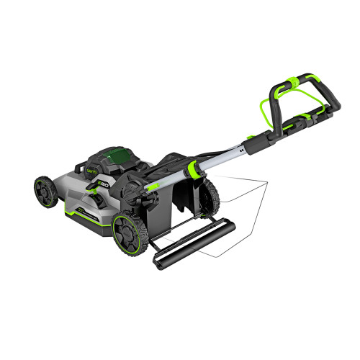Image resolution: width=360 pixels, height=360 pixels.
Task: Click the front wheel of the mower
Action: pyautogui.click(x=45, y=191)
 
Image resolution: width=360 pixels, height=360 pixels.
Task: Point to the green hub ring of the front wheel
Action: pyautogui.click(x=43, y=191)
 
